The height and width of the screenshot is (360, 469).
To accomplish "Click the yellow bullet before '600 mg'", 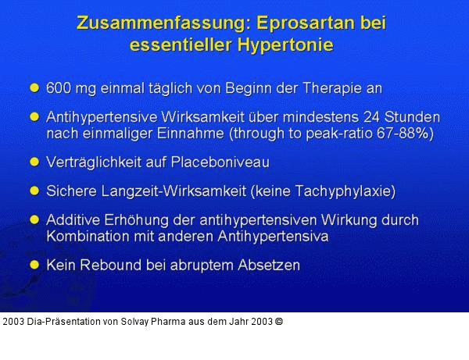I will point(34,87).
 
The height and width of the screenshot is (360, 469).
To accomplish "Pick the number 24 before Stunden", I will point(371,118).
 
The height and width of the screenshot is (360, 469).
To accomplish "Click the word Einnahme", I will point(188,133).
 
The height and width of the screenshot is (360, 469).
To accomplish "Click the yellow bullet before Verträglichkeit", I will point(34,162).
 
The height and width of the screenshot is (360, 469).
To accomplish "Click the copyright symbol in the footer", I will point(279,321).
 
